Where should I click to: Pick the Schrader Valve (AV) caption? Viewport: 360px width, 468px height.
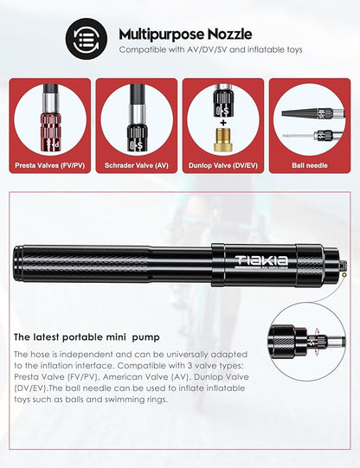pos(136,164)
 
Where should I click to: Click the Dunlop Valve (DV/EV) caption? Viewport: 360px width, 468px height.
pos(223,164)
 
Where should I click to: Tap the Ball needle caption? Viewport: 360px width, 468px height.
pos(310,164)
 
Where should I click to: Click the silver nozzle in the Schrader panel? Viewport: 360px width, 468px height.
pos(136,130)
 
